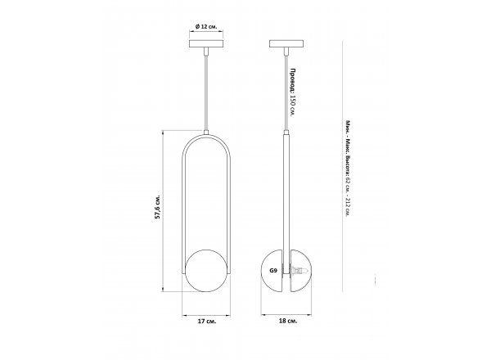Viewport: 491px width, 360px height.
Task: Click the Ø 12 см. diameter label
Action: pyautogui.click(x=206, y=27)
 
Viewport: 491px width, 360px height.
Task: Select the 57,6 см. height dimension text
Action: pyautogui.click(x=158, y=207)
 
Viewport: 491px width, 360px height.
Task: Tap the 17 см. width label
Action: pyautogui.click(x=207, y=322)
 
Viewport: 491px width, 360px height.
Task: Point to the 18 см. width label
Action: pyautogui.click(x=288, y=321)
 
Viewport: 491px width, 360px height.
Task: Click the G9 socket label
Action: pyautogui.click(x=273, y=271)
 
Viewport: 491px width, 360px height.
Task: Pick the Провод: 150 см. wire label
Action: pyautogui.click(x=293, y=92)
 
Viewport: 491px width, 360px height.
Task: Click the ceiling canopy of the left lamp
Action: pyautogui.click(x=206, y=43)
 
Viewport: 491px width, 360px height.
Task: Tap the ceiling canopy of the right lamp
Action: pyautogui.click(x=286, y=43)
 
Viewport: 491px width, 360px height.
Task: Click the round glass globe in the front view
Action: pyautogui.click(x=206, y=271)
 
